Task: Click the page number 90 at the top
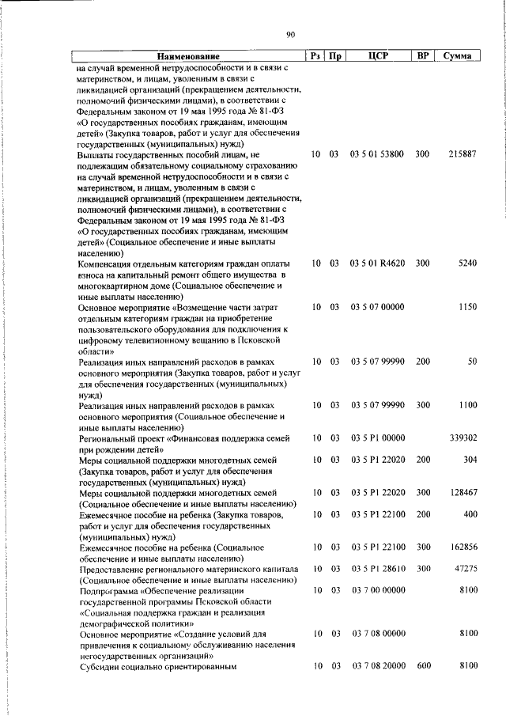point(290,34)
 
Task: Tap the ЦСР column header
point(377,57)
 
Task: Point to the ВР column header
point(422,57)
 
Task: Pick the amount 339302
point(461,438)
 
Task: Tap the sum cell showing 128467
point(461,492)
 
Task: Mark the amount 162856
point(461,547)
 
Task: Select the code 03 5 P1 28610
point(377,569)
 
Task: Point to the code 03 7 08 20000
point(377,668)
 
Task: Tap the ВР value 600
point(422,668)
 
